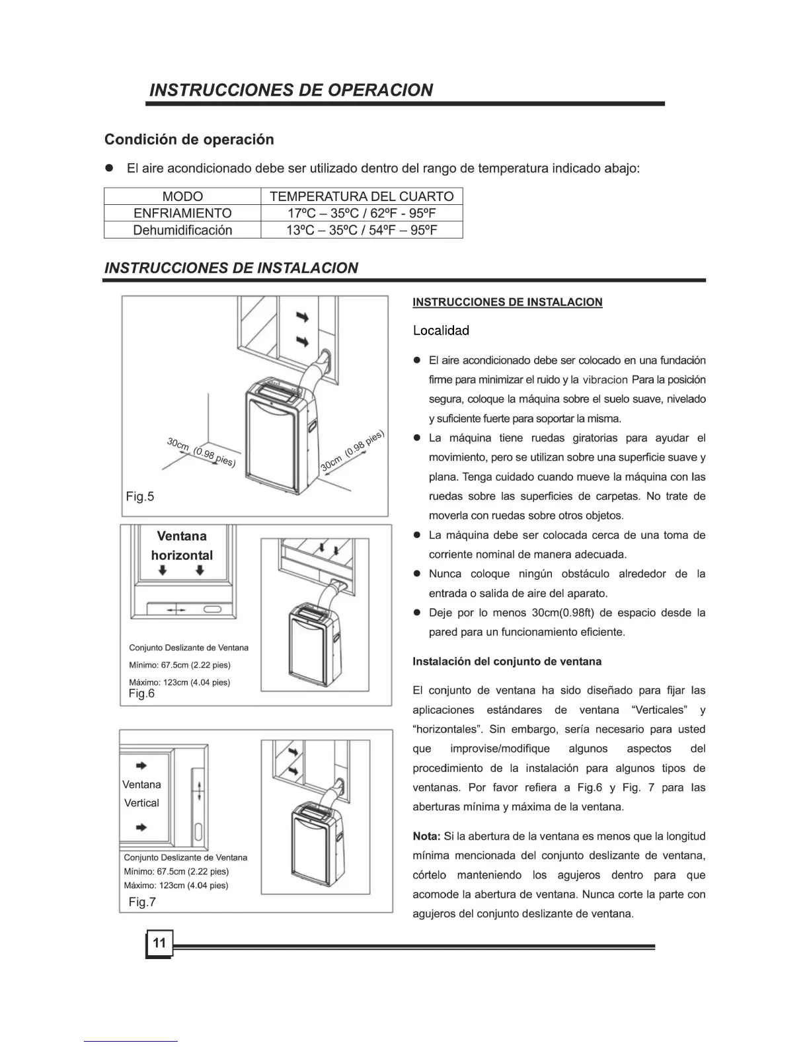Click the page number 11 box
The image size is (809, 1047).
point(159,943)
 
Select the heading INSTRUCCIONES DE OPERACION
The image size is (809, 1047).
point(291,90)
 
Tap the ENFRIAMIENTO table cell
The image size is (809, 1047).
point(182,213)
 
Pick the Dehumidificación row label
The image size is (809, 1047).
point(182,230)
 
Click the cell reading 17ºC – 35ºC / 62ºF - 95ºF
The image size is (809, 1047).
point(362,213)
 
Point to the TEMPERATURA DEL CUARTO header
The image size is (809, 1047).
point(362,196)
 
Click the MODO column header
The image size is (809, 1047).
point(182,196)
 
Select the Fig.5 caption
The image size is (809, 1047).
point(140,496)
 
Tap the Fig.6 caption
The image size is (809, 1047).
point(141,693)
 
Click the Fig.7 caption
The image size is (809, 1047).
point(142,902)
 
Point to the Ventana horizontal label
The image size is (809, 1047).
point(182,546)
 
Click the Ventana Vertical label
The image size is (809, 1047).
point(141,794)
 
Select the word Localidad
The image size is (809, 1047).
point(441,330)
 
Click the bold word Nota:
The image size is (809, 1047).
point(426,836)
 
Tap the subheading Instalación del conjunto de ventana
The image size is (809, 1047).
point(507,661)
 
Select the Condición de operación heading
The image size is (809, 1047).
point(189,139)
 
